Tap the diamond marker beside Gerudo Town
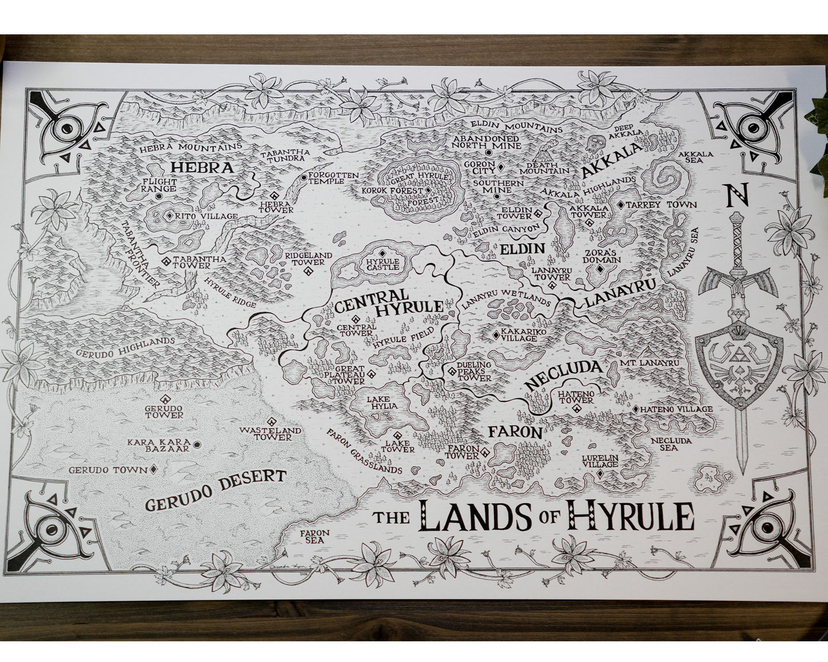tap(154, 470)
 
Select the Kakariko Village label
tap(519, 335)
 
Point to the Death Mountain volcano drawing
tap(542, 153)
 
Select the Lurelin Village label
tap(600, 462)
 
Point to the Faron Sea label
tap(315, 536)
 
